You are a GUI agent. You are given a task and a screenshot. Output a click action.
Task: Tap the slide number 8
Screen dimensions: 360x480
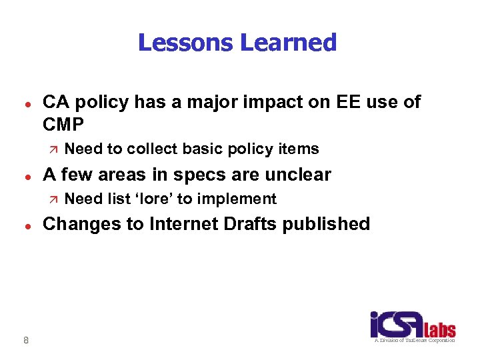[25, 341]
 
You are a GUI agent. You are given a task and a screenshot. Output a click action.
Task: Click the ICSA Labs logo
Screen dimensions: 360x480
[413, 327]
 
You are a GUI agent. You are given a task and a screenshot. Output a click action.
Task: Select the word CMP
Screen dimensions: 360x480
[63, 125]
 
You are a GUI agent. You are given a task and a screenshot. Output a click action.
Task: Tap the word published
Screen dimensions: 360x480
[327, 224]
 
